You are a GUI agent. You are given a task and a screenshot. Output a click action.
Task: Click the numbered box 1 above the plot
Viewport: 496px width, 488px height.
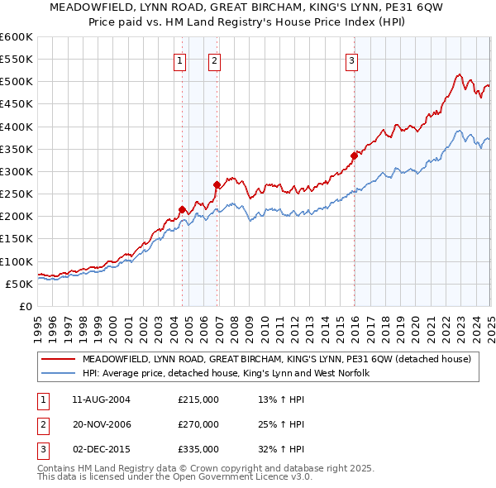180,60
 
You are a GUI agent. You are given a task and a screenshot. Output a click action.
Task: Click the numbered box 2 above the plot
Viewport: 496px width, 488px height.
214,60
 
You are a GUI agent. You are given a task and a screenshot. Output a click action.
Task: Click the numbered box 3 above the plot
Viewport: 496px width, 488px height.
351,60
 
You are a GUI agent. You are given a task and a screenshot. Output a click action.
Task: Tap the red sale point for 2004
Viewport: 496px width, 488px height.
182,209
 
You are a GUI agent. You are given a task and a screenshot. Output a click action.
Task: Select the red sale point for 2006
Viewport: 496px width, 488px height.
217,184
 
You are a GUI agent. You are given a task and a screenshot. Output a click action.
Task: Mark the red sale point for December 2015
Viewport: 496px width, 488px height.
354,155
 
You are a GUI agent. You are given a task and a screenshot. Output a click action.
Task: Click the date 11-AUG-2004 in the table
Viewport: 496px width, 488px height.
102,399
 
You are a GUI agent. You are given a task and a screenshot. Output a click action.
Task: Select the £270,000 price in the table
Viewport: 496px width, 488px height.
198,424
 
